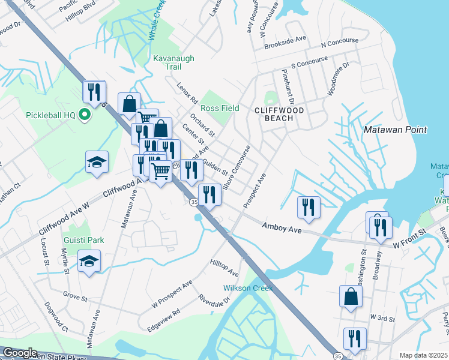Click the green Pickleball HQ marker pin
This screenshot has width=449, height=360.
coord(85,115)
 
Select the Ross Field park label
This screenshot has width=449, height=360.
coord(220,108)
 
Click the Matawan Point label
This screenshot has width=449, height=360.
coord(395,130)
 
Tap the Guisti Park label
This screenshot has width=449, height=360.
coord(85,240)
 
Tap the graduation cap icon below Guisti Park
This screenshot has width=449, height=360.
coord(89,262)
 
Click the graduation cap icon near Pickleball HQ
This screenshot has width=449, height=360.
coord(97,163)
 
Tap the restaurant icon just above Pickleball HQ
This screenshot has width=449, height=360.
coord(94,92)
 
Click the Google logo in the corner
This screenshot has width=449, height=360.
coord(19,353)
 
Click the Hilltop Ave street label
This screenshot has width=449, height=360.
coord(224,268)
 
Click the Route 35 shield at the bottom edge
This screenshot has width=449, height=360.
coord(339,356)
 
